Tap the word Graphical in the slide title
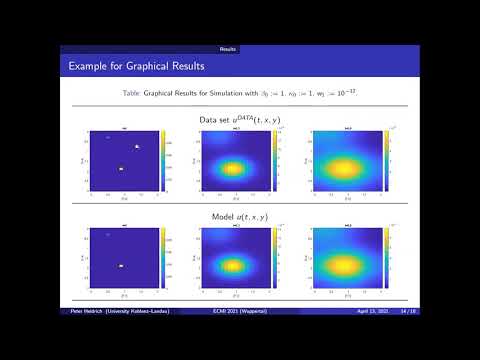(143, 67)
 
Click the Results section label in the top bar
(228, 48)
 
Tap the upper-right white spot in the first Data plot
(137, 147)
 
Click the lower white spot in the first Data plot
(120, 168)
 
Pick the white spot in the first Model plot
(120, 265)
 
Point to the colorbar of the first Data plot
(162, 161)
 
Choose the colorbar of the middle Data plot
(274, 161)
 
